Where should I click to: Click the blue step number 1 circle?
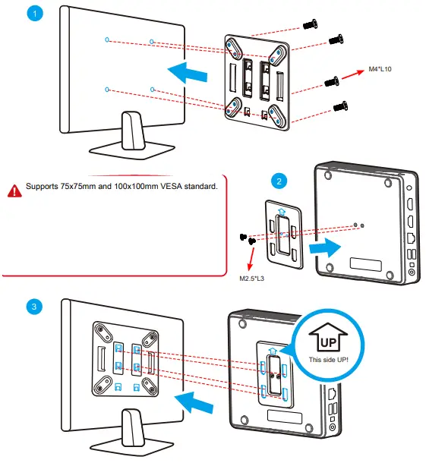coord(32,14)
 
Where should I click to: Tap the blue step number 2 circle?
coord(279,181)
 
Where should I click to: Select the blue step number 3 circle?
coord(32,306)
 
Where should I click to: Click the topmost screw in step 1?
coord(310,25)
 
